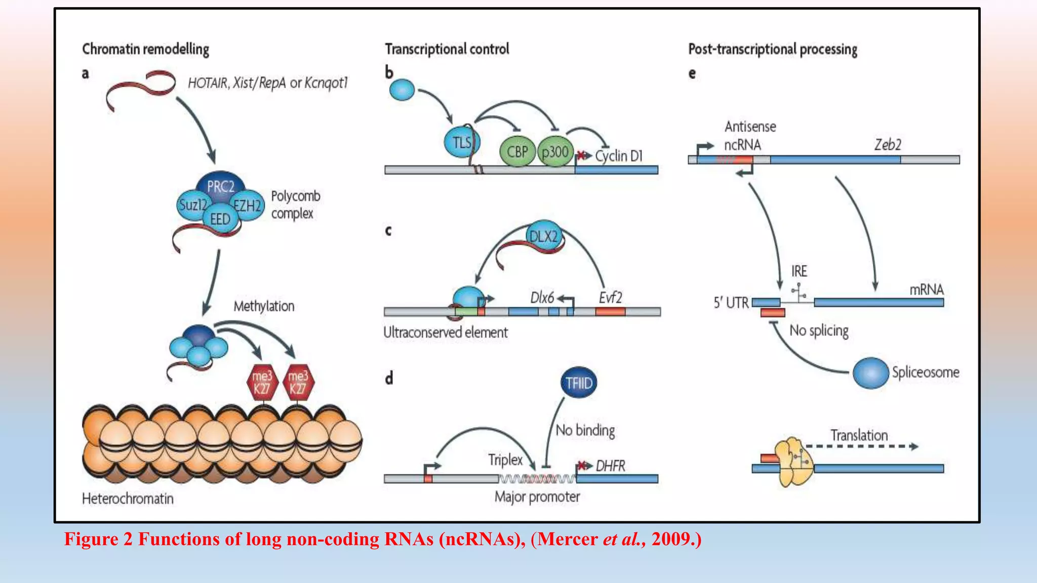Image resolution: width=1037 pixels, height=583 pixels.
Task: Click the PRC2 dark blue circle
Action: (221, 185)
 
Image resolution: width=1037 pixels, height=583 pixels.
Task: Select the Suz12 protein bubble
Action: (192, 205)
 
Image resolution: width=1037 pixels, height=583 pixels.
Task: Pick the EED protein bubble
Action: (220, 219)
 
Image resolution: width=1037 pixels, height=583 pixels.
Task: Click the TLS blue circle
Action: (461, 142)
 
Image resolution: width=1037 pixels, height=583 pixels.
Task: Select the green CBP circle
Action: (517, 151)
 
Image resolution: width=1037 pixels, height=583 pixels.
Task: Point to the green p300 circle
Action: (555, 151)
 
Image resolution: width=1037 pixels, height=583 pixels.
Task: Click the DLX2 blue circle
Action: (544, 236)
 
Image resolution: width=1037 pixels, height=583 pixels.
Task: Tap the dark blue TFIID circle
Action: (579, 383)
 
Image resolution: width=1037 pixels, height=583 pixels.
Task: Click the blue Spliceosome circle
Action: (870, 372)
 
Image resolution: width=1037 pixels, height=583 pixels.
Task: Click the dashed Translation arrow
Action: (861, 446)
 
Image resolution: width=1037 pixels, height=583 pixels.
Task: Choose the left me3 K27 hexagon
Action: (262, 383)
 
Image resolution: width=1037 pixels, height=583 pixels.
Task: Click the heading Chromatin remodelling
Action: (145, 49)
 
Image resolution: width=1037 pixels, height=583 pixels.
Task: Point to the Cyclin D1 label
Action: (619, 156)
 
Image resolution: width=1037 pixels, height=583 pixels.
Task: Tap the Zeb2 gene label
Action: (888, 145)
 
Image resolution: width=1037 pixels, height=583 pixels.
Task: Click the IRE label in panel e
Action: (799, 271)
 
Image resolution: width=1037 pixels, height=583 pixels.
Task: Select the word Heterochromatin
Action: (128, 498)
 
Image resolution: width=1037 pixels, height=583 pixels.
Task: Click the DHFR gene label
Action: (610, 466)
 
